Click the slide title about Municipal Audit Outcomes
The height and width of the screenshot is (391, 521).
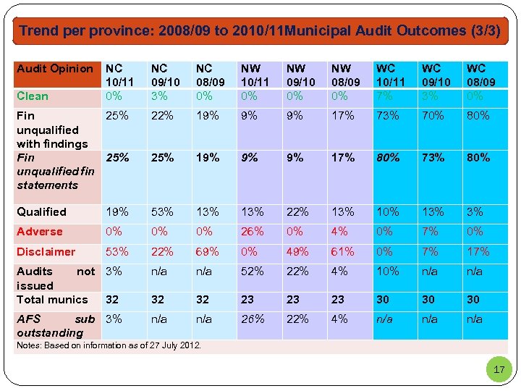click(x=260, y=31)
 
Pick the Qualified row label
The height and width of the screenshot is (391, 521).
click(x=41, y=212)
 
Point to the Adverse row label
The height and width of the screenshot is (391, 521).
click(x=40, y=232)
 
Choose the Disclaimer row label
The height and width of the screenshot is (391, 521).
click(x=46, y=252)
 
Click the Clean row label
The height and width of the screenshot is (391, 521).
click(x=33, y=96)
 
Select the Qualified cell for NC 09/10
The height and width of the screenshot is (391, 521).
click(x=161, y=212)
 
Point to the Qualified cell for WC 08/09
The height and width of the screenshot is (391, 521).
click(x=475, y=212)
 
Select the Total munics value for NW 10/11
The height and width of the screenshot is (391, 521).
click(x=249, y=299)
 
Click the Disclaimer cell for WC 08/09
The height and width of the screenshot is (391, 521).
click(x=478, y=252)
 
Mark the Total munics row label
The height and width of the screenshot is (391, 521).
click(x=52, y=300)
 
